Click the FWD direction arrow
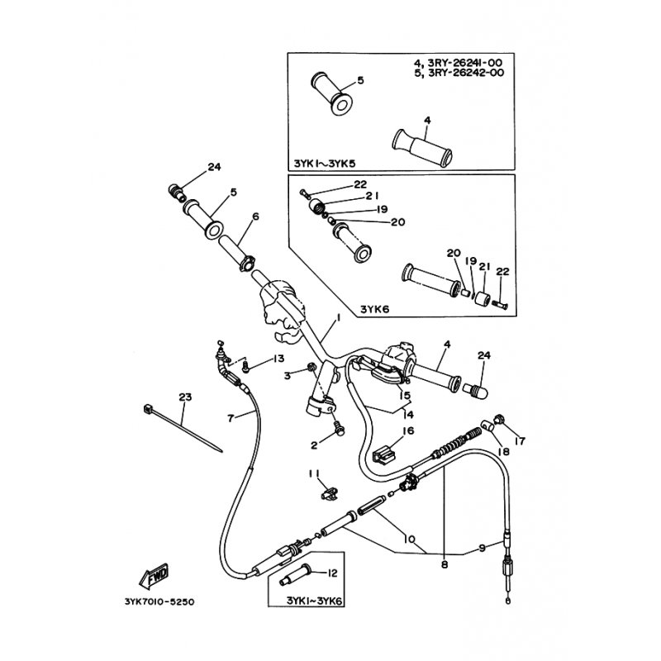pos(155,575)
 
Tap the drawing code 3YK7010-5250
pos(159,602)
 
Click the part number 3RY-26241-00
pos(465,63)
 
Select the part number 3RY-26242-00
pos(466,72)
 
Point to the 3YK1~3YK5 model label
pos(325,163)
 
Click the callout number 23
pos(185,397)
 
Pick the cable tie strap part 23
pos(183,428)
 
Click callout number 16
pos(408,430)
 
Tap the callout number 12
pos(332,573)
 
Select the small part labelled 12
pos(295,573)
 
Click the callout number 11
pos(314,473)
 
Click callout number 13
pos(278,359)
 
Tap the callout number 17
pos(521,441)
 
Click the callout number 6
pos(255,216)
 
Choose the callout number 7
pos(231,419)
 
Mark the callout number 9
pos(483,548)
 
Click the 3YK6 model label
pos(375,309)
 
